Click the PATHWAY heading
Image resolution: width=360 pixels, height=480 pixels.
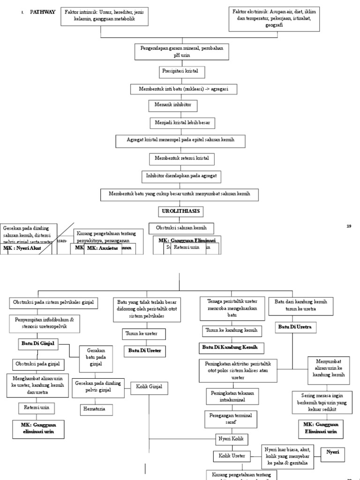coord(43,12)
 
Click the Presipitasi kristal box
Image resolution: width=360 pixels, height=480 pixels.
coord(180,72)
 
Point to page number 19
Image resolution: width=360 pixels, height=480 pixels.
coord(349,226)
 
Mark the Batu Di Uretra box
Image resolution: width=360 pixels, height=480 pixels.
coord(295,326)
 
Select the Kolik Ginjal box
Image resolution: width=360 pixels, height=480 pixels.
coord(149,388)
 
